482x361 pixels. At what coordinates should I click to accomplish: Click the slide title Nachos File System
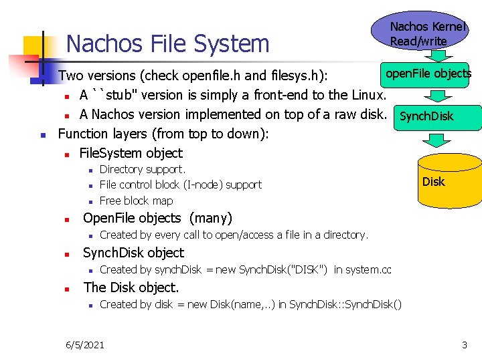tap(168, 44)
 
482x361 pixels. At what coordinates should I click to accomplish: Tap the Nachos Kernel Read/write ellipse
tap(419, 32)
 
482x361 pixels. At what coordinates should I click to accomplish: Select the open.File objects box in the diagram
tap(426, 74)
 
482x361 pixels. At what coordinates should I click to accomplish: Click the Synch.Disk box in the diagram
tap(426, 116)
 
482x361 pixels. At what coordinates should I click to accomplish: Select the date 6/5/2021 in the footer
tap(84, 344)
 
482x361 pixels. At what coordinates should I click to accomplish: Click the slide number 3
tap(464, 344)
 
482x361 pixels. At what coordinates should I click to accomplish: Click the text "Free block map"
tap(136, 201)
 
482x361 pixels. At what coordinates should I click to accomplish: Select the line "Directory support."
tap(142, 170)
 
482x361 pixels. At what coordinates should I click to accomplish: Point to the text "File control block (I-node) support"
tap(180, 185)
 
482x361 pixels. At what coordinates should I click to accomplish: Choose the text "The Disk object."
tap(131, 287)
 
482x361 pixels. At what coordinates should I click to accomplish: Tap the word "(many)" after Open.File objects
tap(211, 218)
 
